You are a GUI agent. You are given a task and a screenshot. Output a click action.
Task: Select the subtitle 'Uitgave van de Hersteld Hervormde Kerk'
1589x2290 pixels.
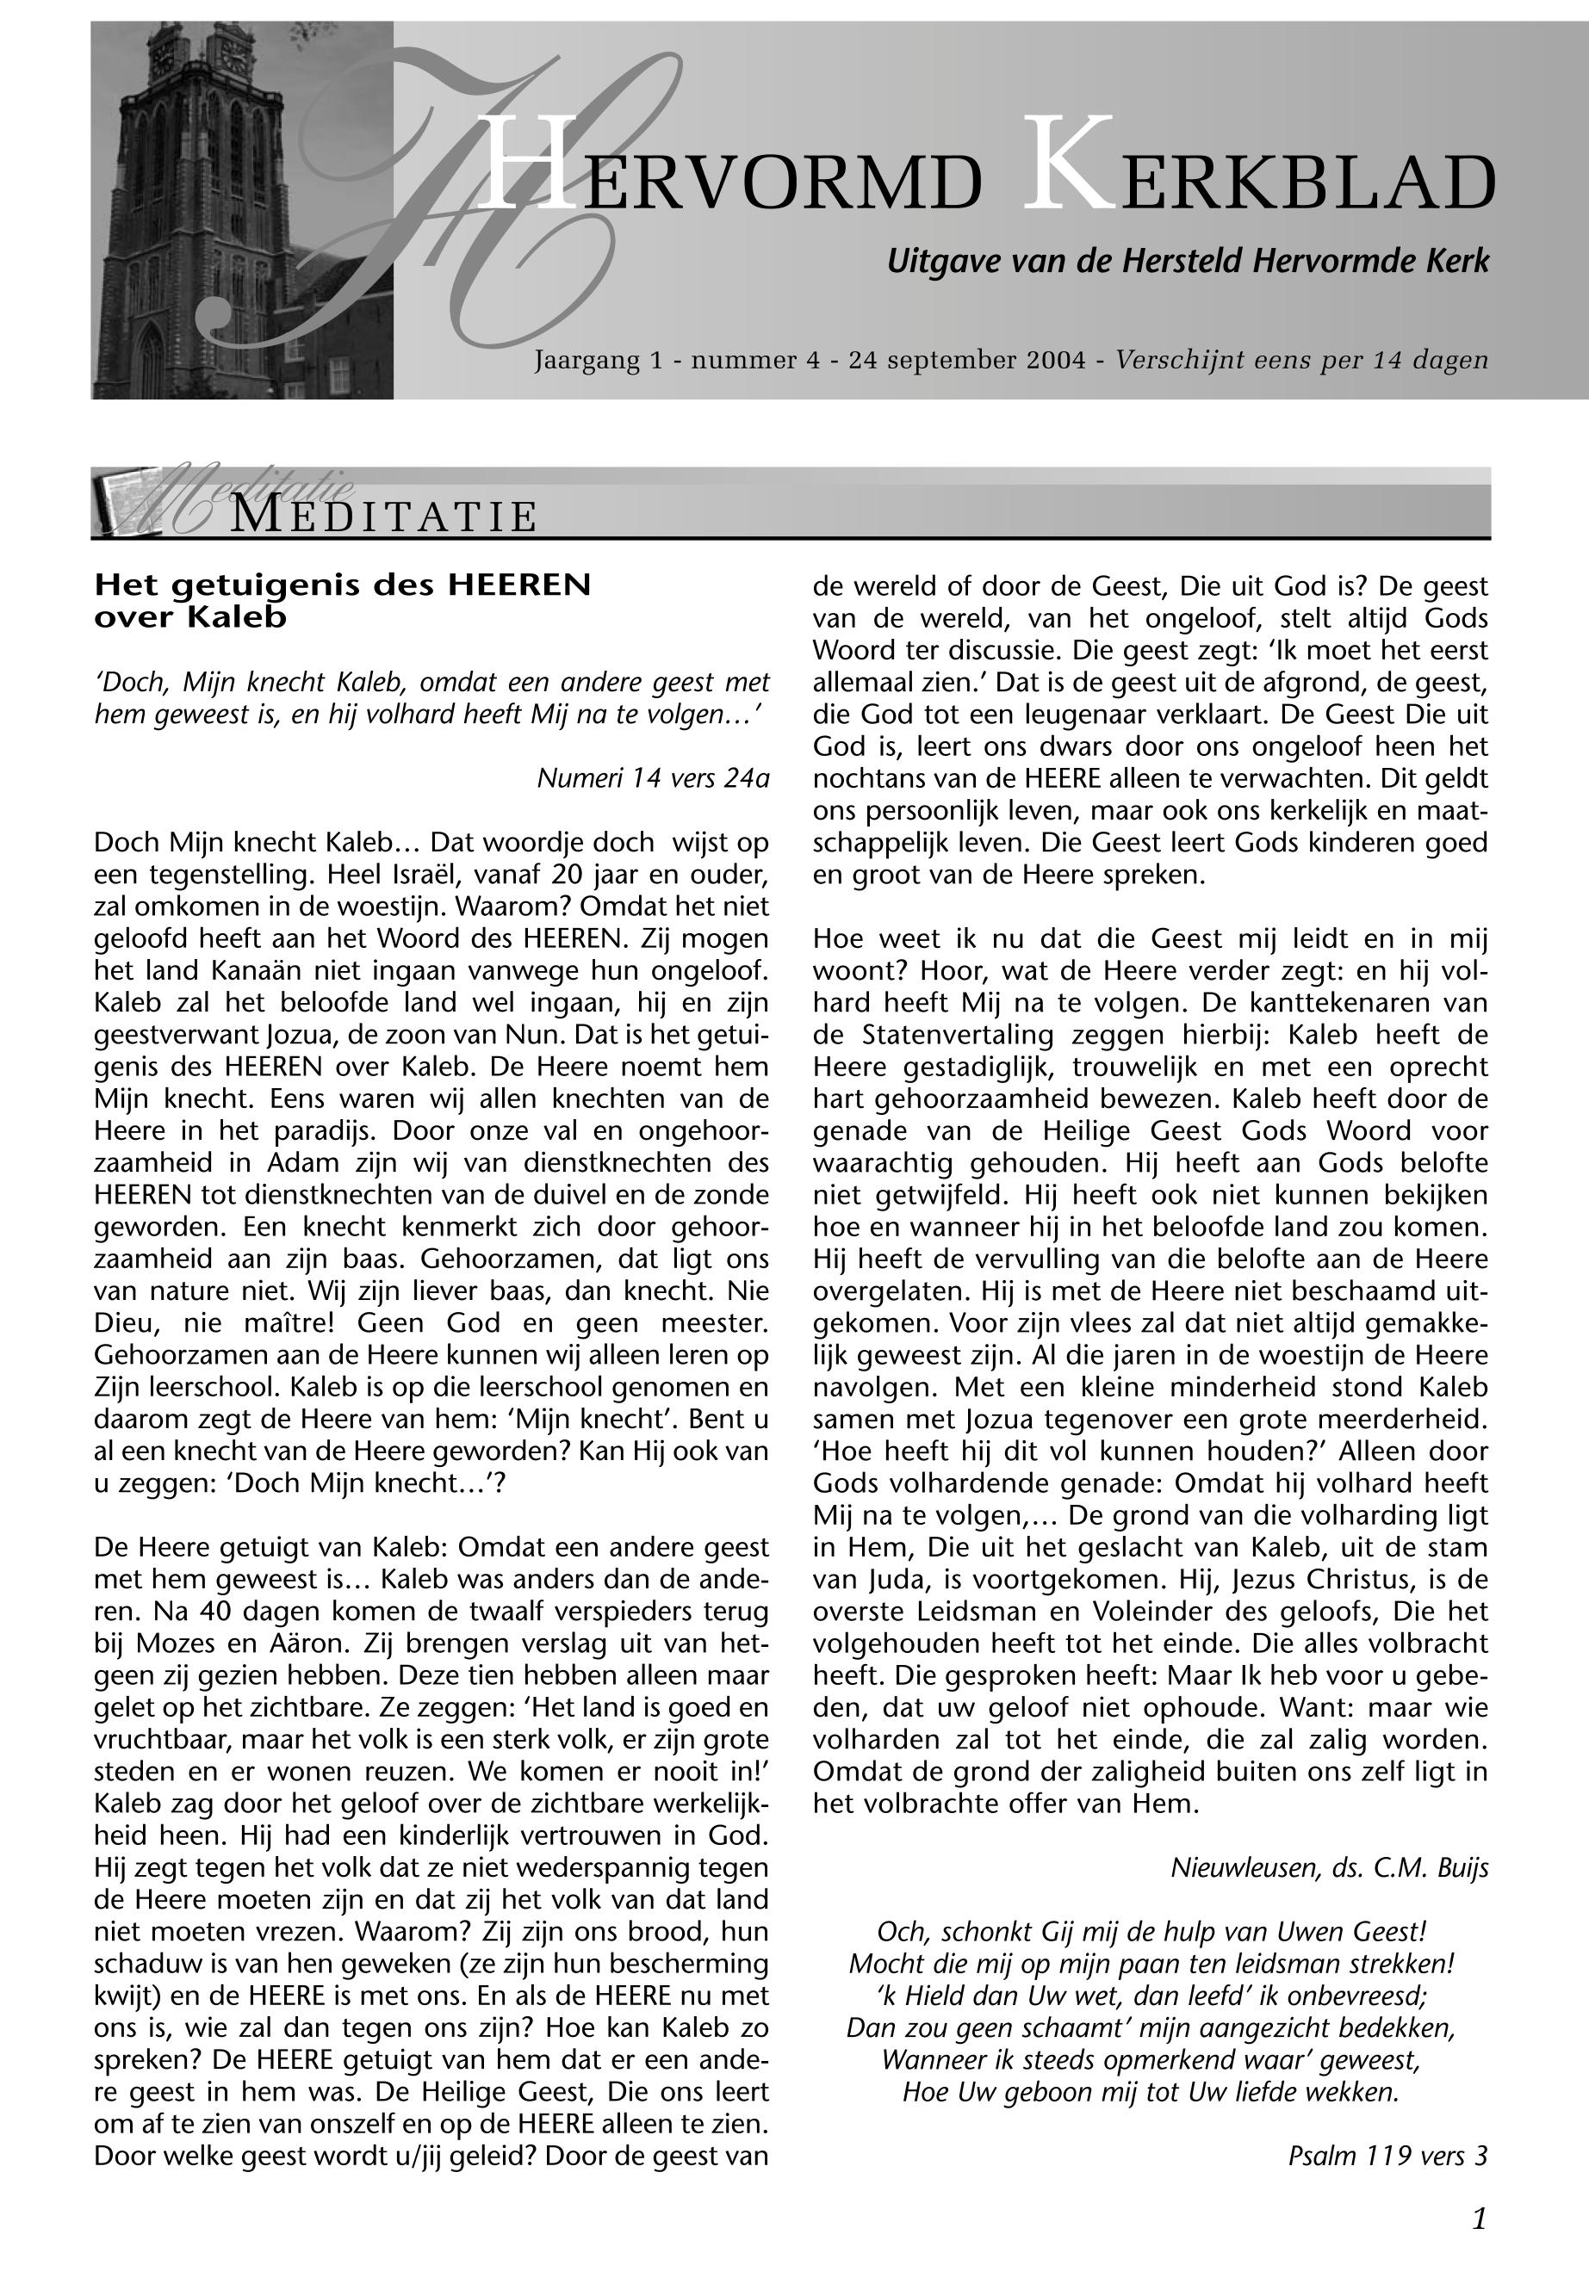[1187, 262]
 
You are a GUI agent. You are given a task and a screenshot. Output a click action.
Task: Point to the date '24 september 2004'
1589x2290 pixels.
[965, 360]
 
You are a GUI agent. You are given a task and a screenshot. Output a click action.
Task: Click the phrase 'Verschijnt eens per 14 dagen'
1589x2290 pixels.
[1301, 360]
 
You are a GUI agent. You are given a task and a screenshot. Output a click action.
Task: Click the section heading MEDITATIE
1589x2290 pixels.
[384, 517]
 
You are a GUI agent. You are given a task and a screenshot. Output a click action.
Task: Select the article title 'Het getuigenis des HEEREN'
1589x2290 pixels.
[343, 585]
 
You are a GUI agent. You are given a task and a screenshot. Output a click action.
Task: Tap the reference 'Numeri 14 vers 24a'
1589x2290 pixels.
[653, 777]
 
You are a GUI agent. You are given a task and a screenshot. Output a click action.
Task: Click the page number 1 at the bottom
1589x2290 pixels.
[1479, 2219]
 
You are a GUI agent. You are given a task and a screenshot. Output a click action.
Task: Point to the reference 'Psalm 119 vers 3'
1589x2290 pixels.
[1387, 2156]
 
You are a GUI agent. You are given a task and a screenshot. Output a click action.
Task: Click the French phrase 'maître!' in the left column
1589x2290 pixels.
[289, 1324]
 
